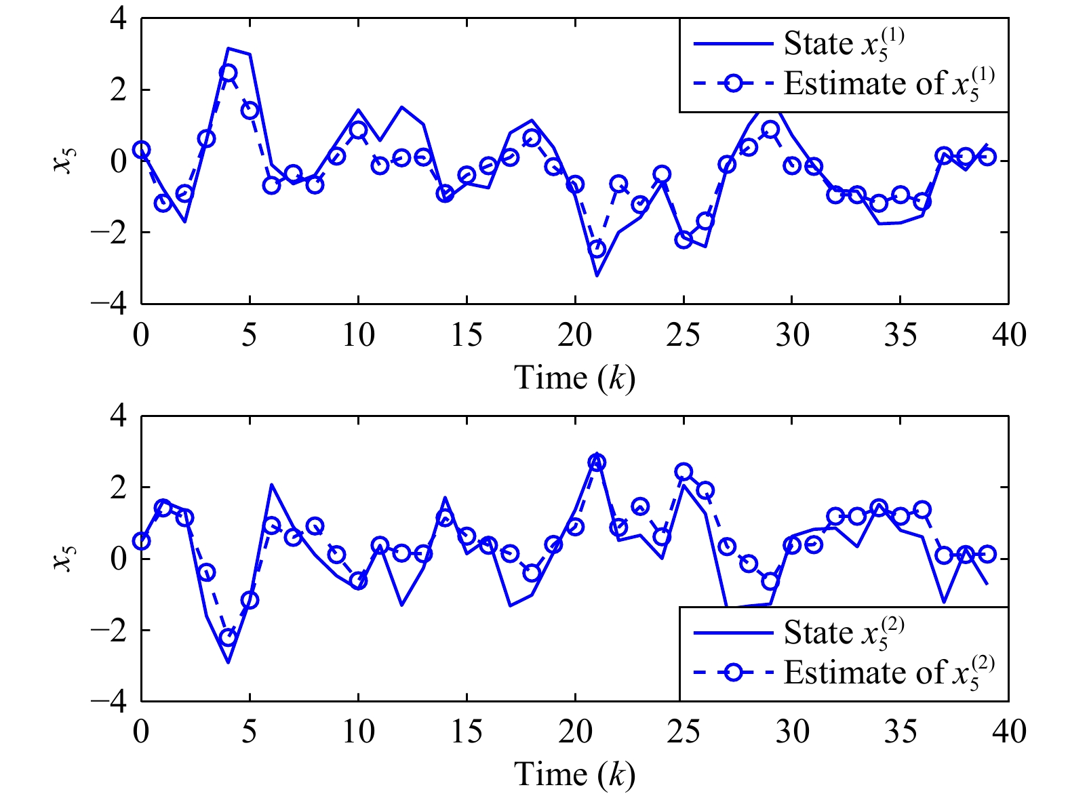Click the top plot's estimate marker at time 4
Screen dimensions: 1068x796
[x=229, y=73]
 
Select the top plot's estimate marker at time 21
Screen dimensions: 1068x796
[x=597, y=249]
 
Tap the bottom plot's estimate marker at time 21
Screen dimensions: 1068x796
[x=597, y=462]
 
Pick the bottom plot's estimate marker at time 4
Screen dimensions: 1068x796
[x=229, y=637]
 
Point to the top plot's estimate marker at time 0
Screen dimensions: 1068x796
[x=142, y=150]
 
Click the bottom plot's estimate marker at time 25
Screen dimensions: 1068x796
[x=684, y=471]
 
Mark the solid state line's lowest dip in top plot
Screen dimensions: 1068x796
[x=597, y=276]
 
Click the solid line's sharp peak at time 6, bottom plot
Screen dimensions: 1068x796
[x=271, y=484]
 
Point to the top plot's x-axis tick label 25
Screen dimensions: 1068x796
[x=684, y=335]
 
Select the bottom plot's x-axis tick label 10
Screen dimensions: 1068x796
[x=359, y=732]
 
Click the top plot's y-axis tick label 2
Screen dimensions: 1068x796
[x=119, y=90]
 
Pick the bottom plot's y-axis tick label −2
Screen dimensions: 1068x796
[x=108, y=630]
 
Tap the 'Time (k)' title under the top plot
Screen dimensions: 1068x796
[x=574, y=378]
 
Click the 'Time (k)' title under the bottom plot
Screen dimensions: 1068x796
[x=574, y=774]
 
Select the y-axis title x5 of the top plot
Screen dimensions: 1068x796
[x=63, y=160]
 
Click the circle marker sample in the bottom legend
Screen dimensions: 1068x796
[x=733, y=673]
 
